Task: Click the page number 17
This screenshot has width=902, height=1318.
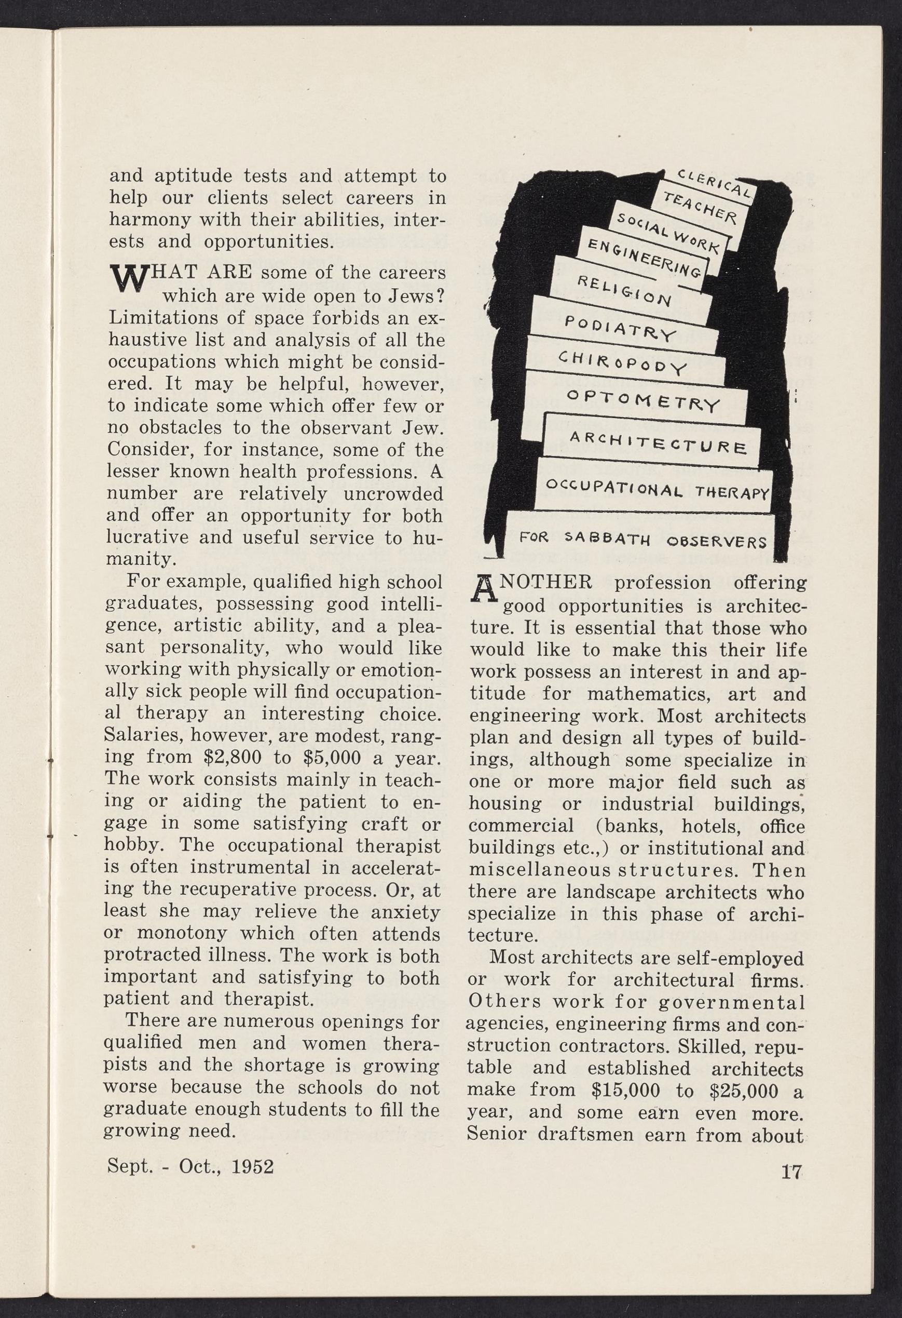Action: coord(790,1173)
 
